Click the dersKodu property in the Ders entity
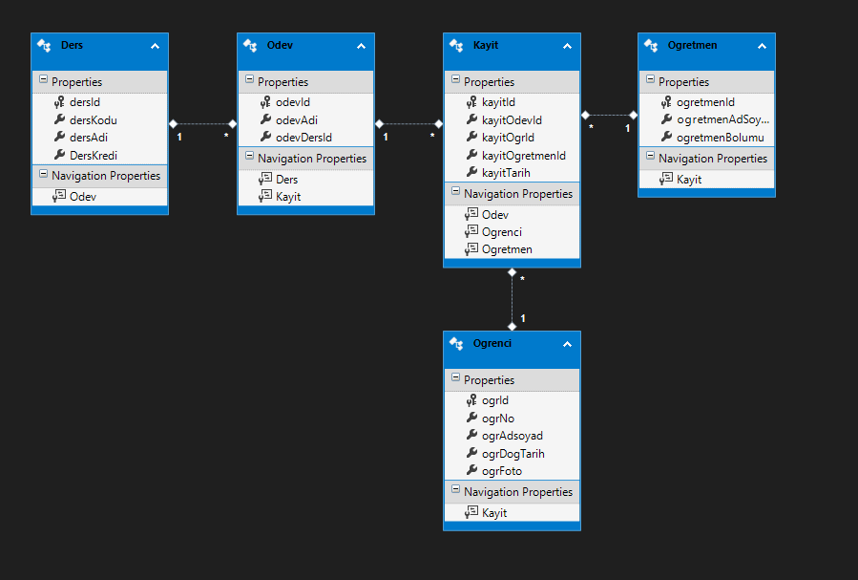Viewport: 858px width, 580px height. tap(93, 120)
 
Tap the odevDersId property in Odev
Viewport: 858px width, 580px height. tap(303, 138)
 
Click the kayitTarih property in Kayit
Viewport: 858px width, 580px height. tap(506, 173)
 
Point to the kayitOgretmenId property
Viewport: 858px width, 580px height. tap(524, 156)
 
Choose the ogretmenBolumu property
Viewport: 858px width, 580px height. tap(721, 138)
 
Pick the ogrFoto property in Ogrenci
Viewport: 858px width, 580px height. tap(502, 471)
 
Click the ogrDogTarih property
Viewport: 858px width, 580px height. tap(513, 454)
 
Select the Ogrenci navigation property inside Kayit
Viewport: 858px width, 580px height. tap(502, 232)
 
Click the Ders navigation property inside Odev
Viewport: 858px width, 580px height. tap(286, 180)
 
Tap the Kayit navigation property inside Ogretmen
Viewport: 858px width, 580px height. tap(689, 180)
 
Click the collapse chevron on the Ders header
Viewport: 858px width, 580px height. tap(155, 47)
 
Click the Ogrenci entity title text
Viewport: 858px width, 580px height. tap(492, 343)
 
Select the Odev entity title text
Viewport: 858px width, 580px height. tap(280, 46)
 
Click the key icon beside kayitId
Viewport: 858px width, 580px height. tap(471, 102)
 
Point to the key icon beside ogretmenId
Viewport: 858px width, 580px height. tap(666, 102)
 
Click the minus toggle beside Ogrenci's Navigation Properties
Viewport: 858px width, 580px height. tap(455, 488)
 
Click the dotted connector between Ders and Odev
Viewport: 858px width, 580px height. tap(202, 124)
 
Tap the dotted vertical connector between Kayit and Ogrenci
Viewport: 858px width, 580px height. tap(513, 299)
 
